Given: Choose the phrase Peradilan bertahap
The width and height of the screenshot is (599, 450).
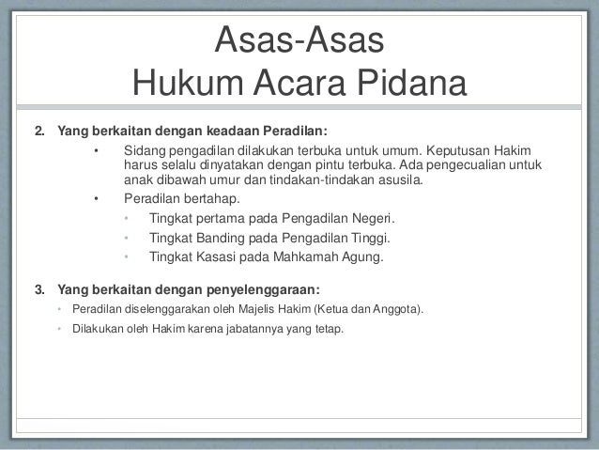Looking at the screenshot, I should (181, 199).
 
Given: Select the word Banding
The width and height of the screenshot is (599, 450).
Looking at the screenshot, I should (209, 237).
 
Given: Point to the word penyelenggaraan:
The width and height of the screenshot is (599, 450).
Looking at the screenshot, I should (253, 288).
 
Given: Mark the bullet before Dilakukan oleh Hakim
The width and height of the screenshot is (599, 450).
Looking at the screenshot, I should (59, 330).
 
